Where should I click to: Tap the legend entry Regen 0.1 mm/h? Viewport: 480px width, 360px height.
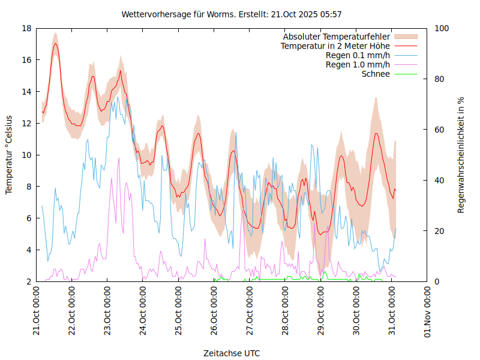pyautogui.click(x=358, y=55)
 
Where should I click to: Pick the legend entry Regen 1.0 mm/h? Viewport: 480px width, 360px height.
pyautogui.click(x=358, y=64)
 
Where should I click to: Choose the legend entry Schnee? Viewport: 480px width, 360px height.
pyautogui.click(x=376, y=74)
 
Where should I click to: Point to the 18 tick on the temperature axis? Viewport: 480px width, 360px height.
pyautogui.click(x=26, y=28)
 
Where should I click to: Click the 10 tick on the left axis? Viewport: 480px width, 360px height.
pyautogui.click(x=26, y=155)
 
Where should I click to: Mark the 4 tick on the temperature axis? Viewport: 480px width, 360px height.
pyautogui.click(x=29, y=250)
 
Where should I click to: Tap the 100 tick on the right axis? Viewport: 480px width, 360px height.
pyautogui.click(x=442, y=28)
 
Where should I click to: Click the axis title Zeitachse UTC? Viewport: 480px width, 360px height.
pyautogui.click(x=232, y=353)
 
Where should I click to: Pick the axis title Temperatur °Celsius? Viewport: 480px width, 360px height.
pyautogui.click(x=9, y=155)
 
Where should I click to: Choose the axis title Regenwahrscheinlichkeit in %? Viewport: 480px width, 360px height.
pyautogui.click(x=461, y=155)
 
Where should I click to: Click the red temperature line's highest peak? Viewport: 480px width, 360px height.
pyautogui.click(x=55, y=43)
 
